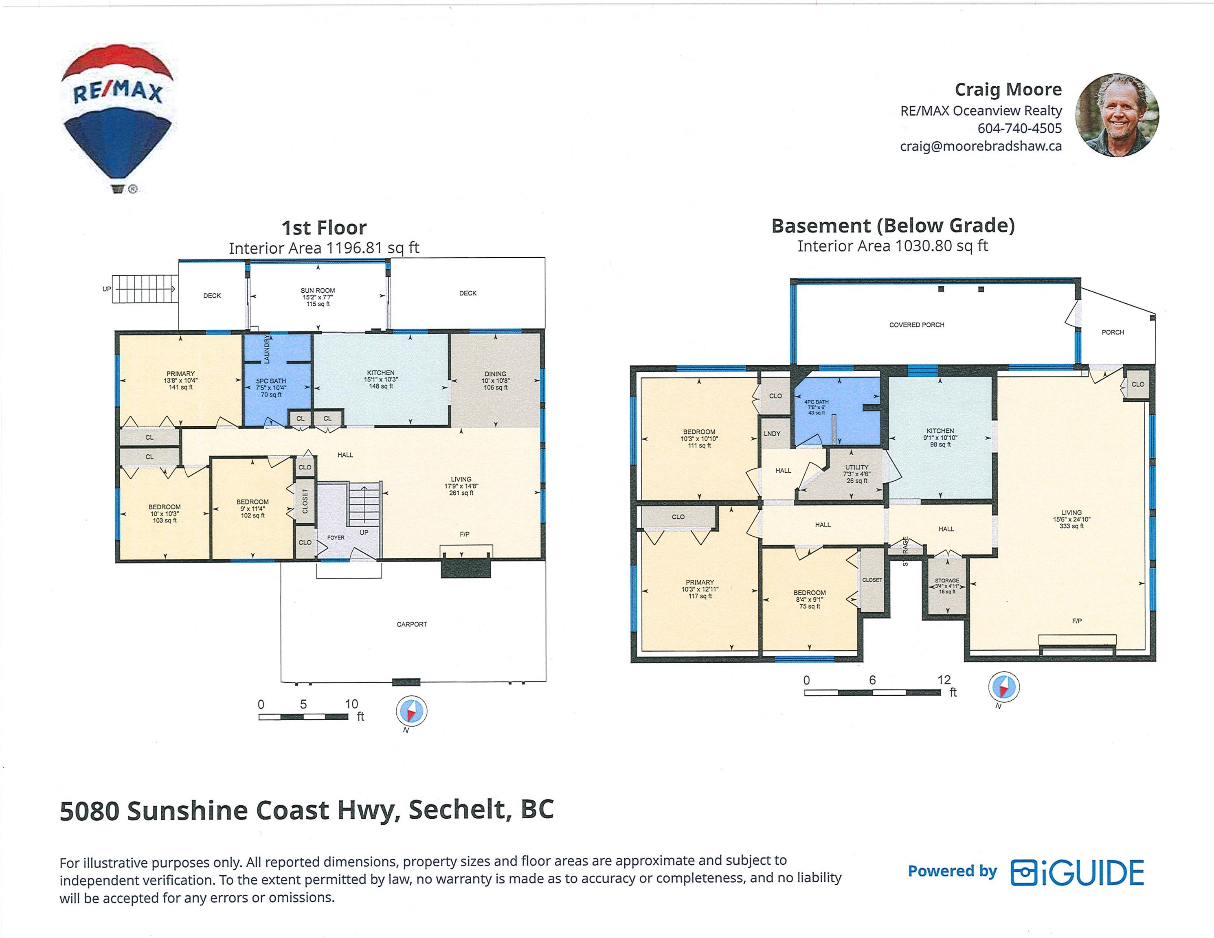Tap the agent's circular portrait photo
pos(1117,115)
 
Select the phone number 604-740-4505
pos(1019,128)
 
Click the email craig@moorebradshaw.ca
pos(981,146)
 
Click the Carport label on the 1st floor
pos(412,624)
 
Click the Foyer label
pos(336,537)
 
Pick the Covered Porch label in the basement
pos(917,324)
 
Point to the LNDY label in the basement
pos(772,434)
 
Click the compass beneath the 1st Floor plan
pos(411,711)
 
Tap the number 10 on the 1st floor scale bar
pos(351,704)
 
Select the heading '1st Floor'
pos(324,227)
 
